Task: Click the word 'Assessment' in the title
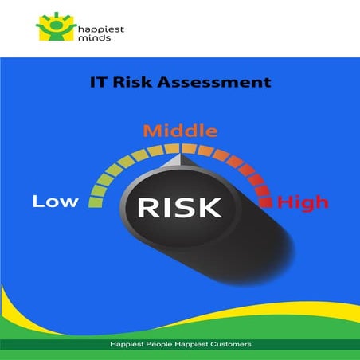pos(210,82)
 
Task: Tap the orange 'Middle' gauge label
pos(180,131)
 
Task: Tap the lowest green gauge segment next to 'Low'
pos(96,201)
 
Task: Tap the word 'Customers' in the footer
pos(230,344)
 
